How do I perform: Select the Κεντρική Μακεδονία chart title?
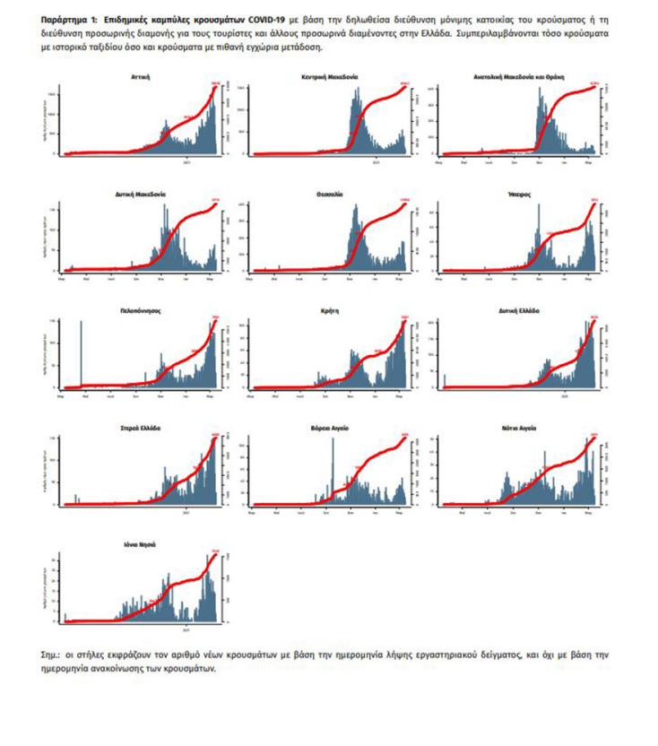pos(330,78)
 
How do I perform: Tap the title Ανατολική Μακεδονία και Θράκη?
pos(521,78)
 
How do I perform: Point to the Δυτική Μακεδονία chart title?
pos(141,195)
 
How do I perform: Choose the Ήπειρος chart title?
pos(521,195)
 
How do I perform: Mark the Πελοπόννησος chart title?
pos(140,311)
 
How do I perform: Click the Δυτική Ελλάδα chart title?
pos(521,311)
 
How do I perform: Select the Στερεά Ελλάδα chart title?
pos(140,429)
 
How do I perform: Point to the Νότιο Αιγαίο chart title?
pos(521,429)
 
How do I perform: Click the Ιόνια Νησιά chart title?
pos(140,545)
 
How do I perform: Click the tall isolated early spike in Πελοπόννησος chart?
pos(82,353)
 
